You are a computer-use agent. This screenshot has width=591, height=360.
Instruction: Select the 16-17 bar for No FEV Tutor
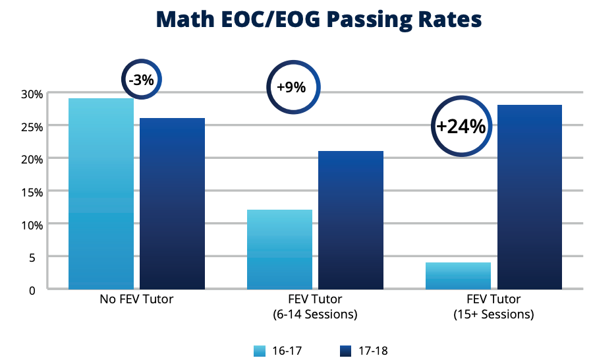(x=101, y=194)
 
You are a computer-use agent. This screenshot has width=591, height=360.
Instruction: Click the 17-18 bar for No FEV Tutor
(x=172, y=204)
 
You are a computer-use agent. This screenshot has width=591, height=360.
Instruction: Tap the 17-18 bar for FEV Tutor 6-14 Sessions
(x=351, y=220)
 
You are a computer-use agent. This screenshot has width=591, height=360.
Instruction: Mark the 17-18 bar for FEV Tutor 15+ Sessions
(x=529, y=197)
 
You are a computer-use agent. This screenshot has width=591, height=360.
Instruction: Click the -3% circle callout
(x=141, y=80)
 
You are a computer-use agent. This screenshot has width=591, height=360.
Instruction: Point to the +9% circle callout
(x=291, y=87)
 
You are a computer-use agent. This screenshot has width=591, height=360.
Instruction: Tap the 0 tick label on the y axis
(x=40, y=289)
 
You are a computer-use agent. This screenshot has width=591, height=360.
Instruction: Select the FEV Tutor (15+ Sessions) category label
(x=493, y=307)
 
